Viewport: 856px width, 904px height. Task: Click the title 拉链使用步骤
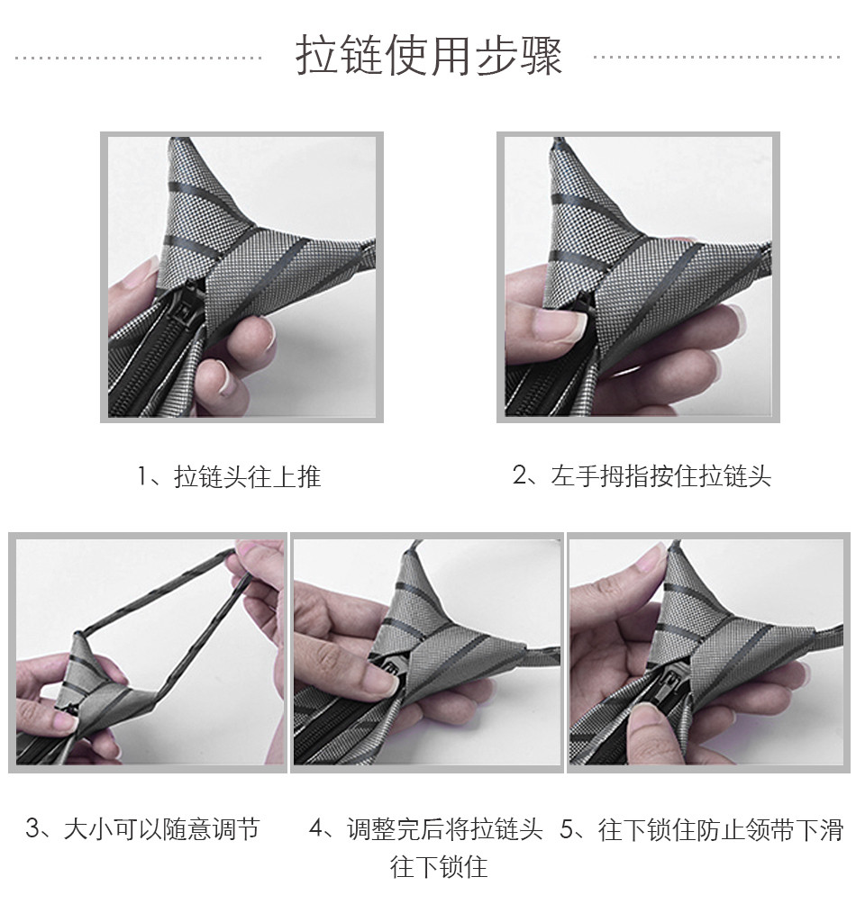(429, 55)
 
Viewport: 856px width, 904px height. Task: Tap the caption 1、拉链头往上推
(229, 477)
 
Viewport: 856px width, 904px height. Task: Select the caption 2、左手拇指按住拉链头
(642, 476)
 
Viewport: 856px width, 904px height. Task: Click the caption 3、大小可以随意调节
(143, 829)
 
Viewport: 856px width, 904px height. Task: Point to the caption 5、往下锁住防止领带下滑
(702, 829)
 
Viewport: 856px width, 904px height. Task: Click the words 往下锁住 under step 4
(439, 866)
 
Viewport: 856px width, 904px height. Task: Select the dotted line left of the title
(139, 58)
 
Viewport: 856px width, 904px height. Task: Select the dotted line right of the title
(717, 57)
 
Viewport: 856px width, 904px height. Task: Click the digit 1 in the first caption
(142, 477)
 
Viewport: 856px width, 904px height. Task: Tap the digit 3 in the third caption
(32, 829)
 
